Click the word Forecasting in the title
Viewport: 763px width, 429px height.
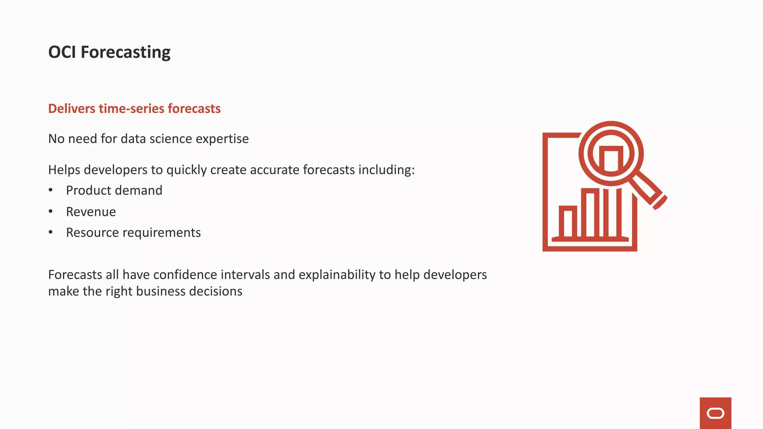coord(126,52)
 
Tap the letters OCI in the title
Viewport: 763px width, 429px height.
coord(62,52)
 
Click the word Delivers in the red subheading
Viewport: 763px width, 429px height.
coord(72,108)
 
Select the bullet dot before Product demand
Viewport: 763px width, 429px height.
coord(51,190)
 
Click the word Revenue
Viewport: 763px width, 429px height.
coord(91,212)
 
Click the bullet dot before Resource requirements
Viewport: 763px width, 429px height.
coord(51,232)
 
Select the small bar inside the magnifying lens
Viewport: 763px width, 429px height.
coord(611,159)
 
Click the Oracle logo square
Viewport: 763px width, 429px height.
coord(715,413)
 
